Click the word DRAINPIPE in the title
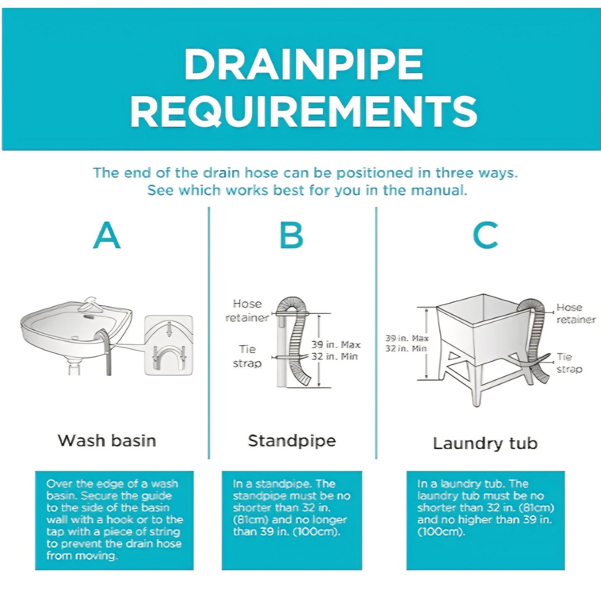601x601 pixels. click(x=303, y=64)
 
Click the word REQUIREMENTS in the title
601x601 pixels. click(x=304, y=111)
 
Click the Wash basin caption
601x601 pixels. click(x=107, y=441)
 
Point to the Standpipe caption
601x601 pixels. click(x=292, y=441)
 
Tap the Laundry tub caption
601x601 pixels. click(x=485, y=443)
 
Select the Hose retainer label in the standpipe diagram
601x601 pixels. click(x=247, y=311)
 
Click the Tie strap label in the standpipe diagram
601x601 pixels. click(x=247, y=356)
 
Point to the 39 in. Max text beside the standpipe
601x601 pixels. click(x=336, y=345)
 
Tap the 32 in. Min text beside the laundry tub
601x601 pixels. click(x=406, y=349)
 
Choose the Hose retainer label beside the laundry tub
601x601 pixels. click(x=576, y=314)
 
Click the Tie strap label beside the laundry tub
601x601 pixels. click(x=569, y=363)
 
